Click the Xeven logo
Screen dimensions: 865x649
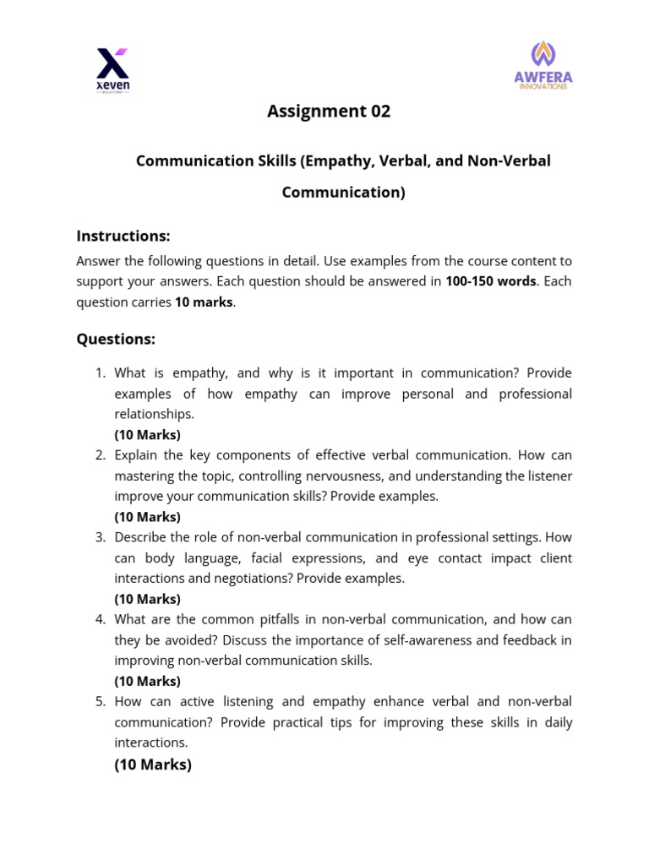(x=112, y=70)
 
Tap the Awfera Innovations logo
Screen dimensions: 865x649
(x=543, y=66)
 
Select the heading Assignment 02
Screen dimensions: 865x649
(x=329, y=112)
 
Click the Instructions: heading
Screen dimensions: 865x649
(x=123, y=236)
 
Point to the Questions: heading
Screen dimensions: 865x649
(x=116, y=339)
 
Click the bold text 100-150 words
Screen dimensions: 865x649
(x=490, y=281)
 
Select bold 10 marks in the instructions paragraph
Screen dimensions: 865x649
(x=204, y=302)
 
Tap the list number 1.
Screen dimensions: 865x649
(x=99, y=373)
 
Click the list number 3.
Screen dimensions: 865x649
(x=99, y=537)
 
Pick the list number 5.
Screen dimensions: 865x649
(x=99, y=702)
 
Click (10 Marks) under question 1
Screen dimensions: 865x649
(x=147, y=435)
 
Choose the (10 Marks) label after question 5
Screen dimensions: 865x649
(x=153, y=765)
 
